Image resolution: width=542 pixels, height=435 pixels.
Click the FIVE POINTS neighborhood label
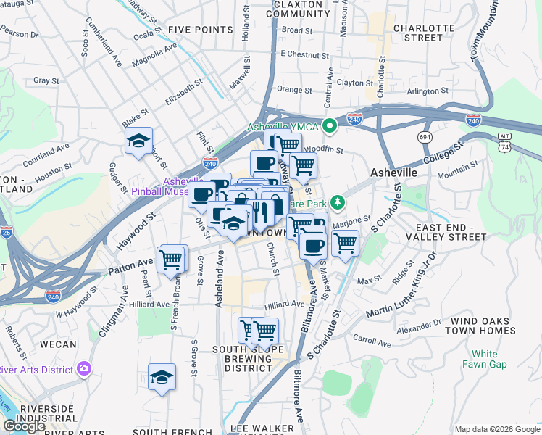(199, 29)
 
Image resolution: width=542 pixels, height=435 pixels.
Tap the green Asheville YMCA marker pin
(331, 127)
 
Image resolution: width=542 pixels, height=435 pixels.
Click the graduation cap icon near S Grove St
(162, 377)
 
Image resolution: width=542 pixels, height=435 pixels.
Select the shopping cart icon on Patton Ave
(172, 258)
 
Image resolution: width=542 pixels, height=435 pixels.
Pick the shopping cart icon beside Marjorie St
(345, 243)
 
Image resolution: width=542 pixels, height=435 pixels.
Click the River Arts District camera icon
(84, 369)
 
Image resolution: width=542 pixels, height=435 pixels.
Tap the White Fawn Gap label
(485, 359)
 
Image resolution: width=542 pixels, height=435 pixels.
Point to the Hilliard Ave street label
(284, 304)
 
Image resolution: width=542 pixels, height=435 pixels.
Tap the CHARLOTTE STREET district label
(417, 33)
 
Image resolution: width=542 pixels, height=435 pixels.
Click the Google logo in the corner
(24, 426)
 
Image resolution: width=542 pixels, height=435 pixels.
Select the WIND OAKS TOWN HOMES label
(483, 326)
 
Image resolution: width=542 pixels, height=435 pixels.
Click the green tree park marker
(336, 202)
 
